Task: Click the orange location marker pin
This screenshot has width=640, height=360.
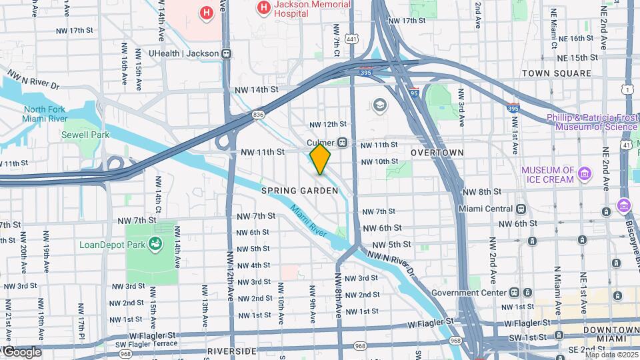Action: (320, 159)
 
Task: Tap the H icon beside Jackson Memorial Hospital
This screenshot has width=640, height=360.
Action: (264, 8)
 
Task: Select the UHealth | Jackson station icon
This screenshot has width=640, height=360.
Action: (227, 53)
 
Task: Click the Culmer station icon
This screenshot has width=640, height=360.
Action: (342, 143)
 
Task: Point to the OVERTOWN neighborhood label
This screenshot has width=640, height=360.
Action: (437, 153)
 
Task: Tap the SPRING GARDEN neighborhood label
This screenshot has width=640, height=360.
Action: (299, 191)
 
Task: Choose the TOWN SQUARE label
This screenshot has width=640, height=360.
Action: (556, 73)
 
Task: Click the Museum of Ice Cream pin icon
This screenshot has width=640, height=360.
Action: (585, 174)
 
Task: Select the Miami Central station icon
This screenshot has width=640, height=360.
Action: (521, 209)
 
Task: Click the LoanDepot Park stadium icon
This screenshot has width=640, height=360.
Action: (155, 244)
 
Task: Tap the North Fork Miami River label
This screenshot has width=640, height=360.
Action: (45, 114)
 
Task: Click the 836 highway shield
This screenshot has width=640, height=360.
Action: (259, 114)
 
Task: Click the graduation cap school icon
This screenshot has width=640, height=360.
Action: (380, 105)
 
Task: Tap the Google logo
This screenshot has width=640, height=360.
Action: (21, 352)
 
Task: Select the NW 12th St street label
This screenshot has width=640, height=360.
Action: (328, 124)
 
